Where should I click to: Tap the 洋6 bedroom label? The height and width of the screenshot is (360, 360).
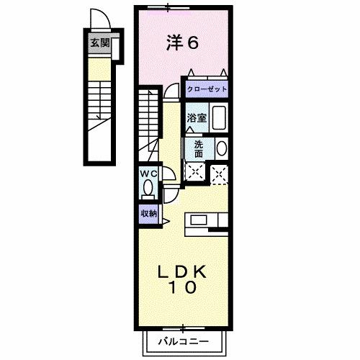pyautogui.click(x=182, y=43)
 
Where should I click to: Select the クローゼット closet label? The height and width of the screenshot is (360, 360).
pyautogui.click(x=207, y=89)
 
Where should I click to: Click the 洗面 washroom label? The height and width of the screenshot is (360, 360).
pyautogui.click(x=198, y=148)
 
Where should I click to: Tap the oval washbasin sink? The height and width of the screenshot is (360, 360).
pyautogui.click(x=221, y=148)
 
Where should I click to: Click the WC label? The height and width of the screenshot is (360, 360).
pyautogui.click(x=148, y=174)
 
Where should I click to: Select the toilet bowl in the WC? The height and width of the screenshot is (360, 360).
pyautogui.click(x=148, y=189)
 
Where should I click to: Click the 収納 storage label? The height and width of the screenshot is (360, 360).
pyautogui.click(x=148, y=214)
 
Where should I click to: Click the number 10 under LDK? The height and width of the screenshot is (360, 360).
pyautogui.click(x=183, y=288)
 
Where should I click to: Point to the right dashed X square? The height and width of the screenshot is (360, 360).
pyautogui.click(x=220, y=171)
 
